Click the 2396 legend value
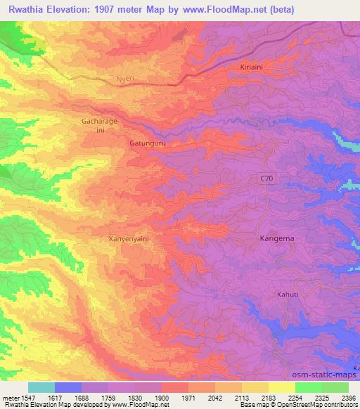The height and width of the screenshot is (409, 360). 349,397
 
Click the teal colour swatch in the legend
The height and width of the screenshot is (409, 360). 41,387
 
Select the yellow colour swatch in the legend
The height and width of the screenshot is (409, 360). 282,387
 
